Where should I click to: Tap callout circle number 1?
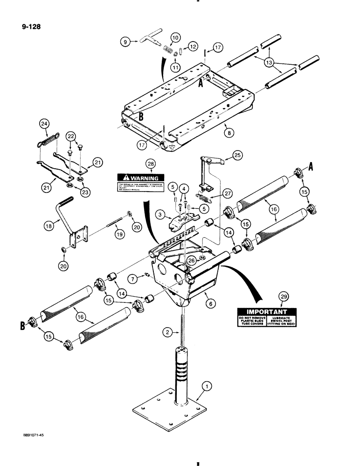point(205,386)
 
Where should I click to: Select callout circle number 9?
point(125,42)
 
